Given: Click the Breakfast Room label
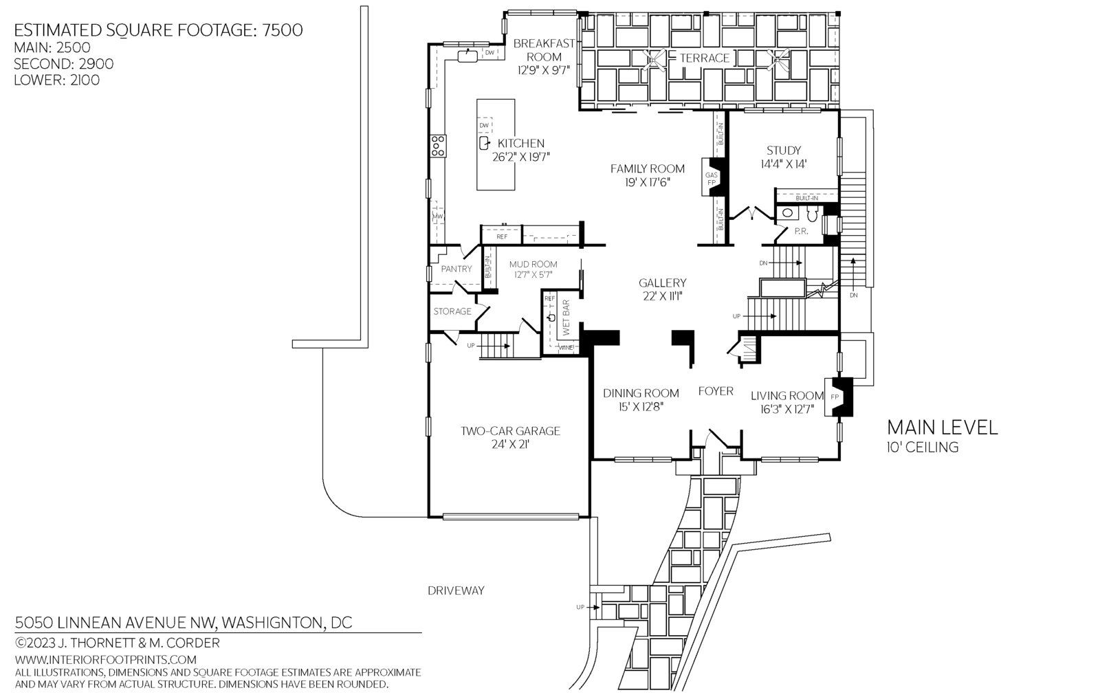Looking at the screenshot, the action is point(544,50).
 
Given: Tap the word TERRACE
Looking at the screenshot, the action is point(705,58).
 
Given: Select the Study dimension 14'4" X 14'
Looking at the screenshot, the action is point(784,164).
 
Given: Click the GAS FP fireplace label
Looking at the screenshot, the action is point(712,179).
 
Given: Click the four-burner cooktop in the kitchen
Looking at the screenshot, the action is point(438,146).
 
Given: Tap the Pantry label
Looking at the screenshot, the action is point(456,269).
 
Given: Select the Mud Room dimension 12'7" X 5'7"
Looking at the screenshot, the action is point(533,275).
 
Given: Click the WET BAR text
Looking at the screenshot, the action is point(566,318).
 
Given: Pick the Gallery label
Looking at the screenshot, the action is point(663,283).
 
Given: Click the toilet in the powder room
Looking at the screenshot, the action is point(812,214).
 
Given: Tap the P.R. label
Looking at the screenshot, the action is point(801,231).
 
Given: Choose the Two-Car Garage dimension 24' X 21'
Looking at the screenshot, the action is point(510,445).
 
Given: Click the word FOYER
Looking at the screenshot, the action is point(716,391).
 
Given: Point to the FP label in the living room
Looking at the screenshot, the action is point(835,397).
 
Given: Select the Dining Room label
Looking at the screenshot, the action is point(641,393).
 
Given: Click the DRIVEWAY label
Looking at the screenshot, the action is point(456,590).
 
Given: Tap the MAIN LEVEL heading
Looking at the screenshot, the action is point(943,428).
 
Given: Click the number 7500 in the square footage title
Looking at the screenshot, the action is point(283,30).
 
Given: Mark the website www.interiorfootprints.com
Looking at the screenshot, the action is point(106,659).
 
